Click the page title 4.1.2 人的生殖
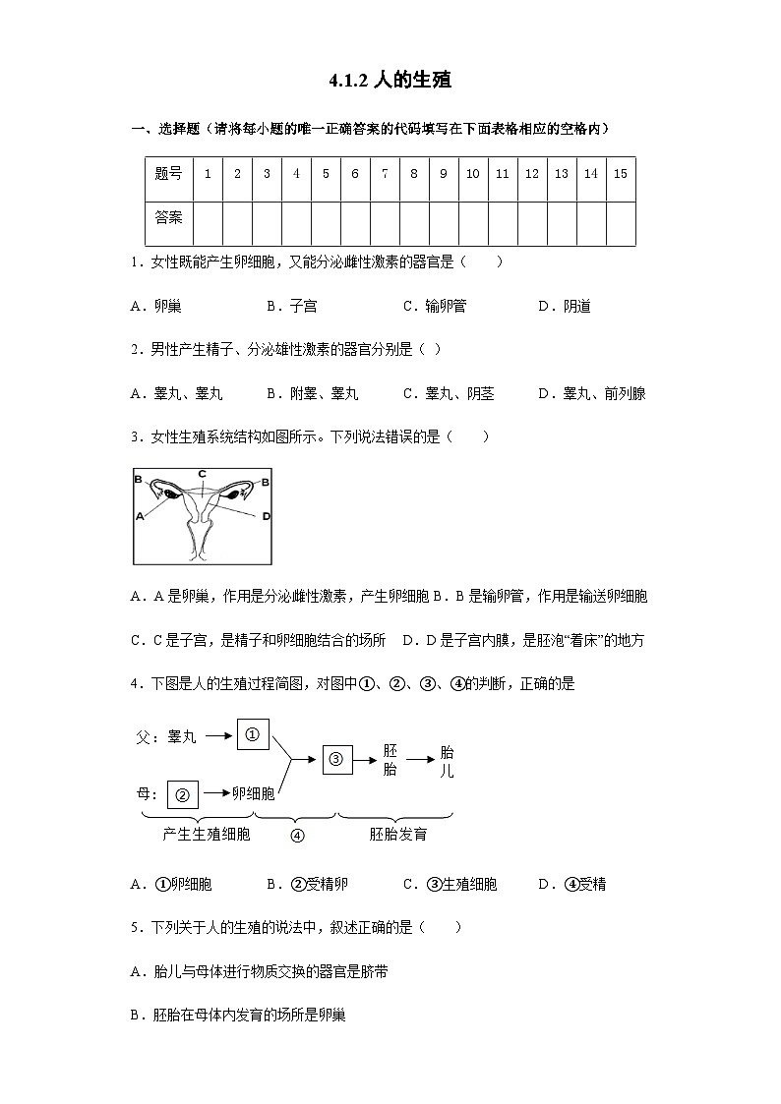pos(390,81)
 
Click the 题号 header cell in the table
pos(168,174)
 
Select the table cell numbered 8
pos(414,174)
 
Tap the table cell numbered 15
pos(620,174)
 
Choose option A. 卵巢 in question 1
pos(156,306)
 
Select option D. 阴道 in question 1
pos(565,306)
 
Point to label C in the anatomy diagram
pos(202,474)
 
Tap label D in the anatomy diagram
pos(266,515)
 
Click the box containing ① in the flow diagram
pos(253,735)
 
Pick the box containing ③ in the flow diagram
pos(335,758)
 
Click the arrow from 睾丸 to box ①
pos(218,735)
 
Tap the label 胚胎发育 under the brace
pos(397,835)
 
